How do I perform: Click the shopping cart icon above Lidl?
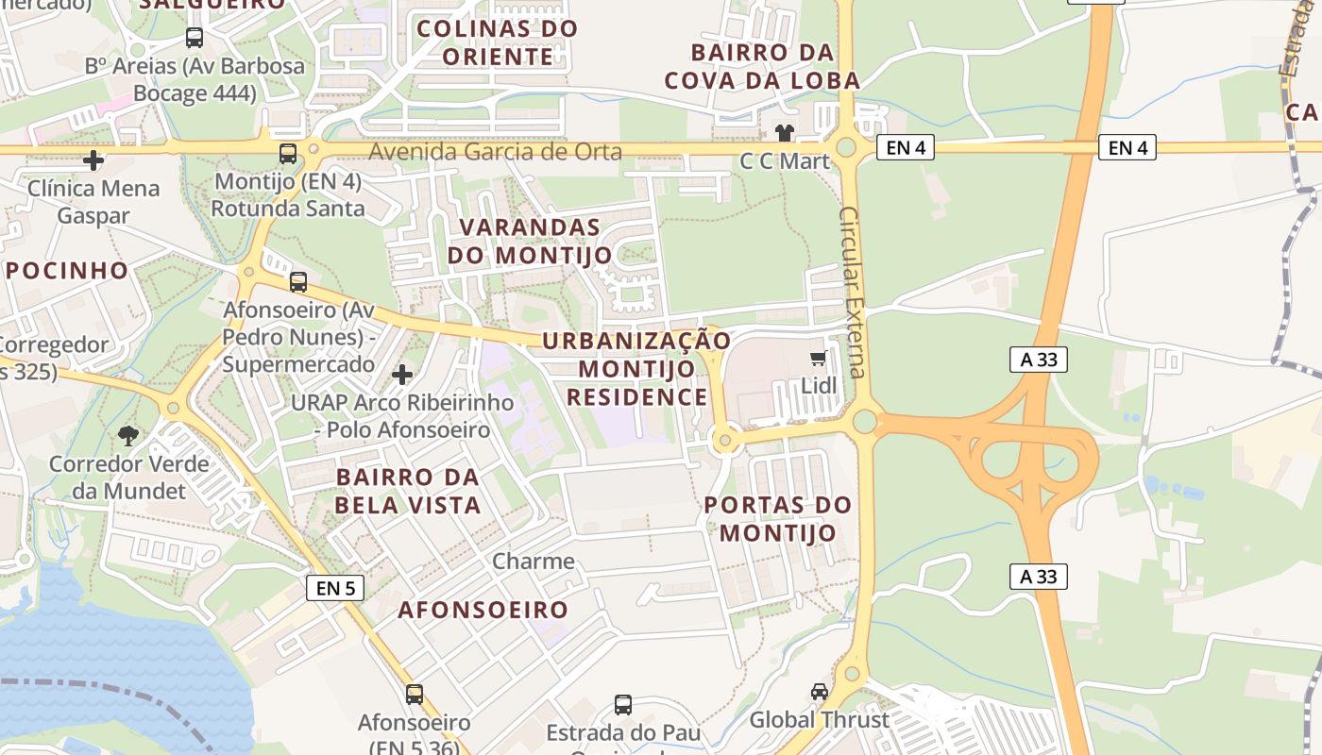[x=819, y=359]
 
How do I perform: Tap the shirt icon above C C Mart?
[x=784, y=132]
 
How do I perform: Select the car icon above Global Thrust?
[x=820, y=692]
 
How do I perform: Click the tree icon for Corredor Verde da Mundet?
[x=127, y=436]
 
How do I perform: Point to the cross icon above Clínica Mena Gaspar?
[x=93, y=160]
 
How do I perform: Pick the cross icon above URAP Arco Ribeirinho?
[x=402, y=375]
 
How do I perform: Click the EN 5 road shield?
[x=335, y=588]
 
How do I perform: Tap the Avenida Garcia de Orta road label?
[x=495, y=152]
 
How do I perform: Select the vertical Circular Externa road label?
[x=853, y=293]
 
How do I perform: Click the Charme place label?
[x=534, y=562]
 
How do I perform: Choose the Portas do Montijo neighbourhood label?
[x=778, y=519]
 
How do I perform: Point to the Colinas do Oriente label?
[x=497, y=42]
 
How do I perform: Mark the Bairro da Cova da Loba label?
[x=762, y=66]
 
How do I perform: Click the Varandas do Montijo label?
[x=530, y=242]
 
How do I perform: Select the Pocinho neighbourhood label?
[x=67, y=271]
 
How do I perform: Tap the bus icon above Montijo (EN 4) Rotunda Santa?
[x=288, y=154]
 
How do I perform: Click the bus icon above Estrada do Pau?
[x=623, y=705]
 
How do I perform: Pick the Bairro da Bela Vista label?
[x=408, y=491]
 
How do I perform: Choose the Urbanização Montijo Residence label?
[x=636, y=369]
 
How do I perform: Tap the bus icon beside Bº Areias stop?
[x=195, y=38]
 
